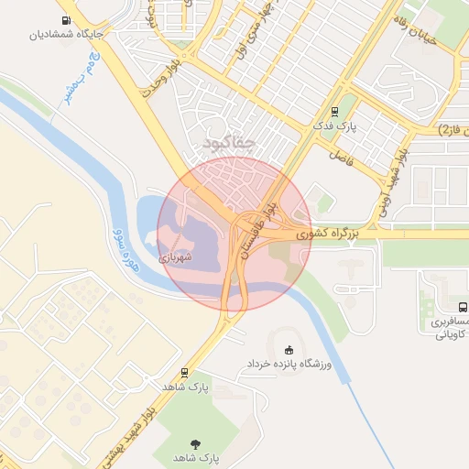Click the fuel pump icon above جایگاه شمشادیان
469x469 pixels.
click(x=66, y=20)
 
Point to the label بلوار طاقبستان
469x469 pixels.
click(x=257, y=228)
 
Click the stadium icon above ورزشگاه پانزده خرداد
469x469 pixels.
click(x=289, y=349)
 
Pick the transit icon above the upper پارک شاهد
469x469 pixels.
click(x=186, y=373)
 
